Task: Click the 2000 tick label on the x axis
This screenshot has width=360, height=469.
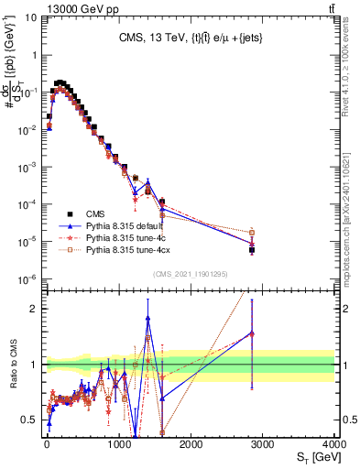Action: tap(190, 442)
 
